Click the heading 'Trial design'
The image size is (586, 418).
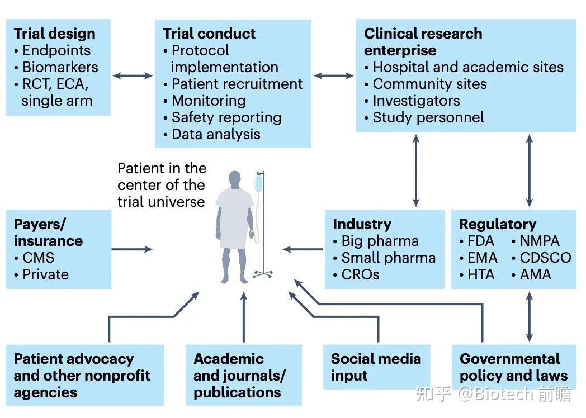click(55, 34)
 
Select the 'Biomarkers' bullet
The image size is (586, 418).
click(56, 67)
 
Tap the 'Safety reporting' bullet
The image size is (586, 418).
click(223, 118)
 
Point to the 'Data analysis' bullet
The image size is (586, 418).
click(212, 135)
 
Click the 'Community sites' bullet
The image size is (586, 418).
click(426, 84)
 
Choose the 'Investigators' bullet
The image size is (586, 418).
click(412, 101)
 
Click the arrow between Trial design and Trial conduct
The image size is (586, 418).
click(133, 76)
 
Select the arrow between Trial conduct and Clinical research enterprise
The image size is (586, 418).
click(334, 76)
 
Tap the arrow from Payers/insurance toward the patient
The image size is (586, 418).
click(133, 249)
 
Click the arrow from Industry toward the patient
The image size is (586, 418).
click(303, 249)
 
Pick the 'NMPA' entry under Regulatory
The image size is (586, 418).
click(536, 241)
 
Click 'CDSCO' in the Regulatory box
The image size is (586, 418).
click(541, 258)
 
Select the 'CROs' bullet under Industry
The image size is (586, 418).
click(356, 274)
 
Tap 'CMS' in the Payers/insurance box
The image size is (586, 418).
click(34, 258)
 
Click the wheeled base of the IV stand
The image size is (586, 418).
click(263, 274)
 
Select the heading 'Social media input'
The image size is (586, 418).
click(376, 367)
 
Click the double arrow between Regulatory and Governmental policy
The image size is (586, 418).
click(529, 317)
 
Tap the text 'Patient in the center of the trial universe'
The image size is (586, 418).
click(162, 185)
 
